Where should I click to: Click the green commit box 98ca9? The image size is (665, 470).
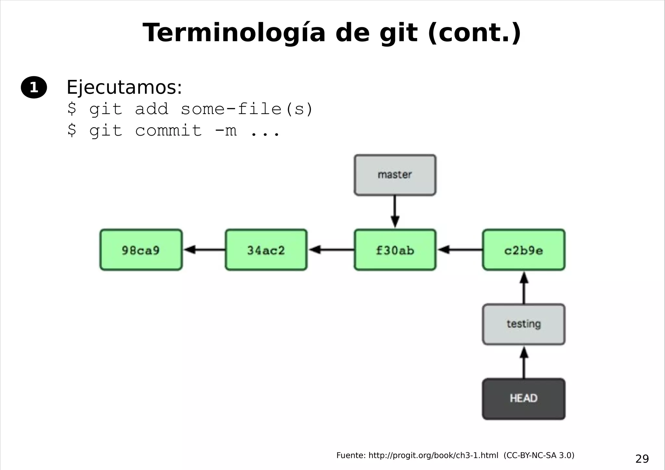141,250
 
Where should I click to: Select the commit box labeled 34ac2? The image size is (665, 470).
266,250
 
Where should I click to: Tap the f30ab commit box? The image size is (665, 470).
395,250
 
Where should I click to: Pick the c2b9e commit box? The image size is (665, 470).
523,250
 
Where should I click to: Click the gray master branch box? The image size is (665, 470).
395,175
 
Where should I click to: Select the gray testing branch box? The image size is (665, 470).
523,324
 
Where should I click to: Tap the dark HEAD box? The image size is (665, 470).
523,399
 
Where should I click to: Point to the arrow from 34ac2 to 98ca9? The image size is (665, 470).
204,250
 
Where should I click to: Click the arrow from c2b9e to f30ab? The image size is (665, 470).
459,250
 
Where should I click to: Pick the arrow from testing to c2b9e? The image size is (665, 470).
524,287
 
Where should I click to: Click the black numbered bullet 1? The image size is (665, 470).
34,87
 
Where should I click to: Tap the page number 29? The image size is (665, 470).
642,459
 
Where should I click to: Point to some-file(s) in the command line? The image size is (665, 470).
247,109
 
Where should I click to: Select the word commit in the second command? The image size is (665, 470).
168,131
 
